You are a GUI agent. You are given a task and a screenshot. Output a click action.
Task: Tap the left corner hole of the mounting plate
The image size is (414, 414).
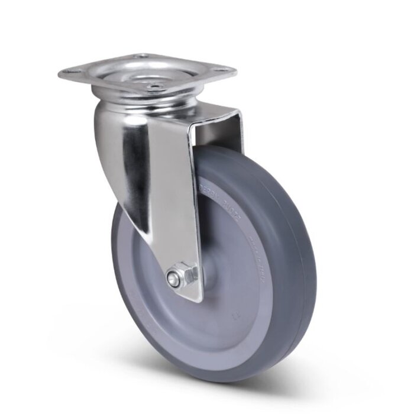(x=70, y=74)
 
